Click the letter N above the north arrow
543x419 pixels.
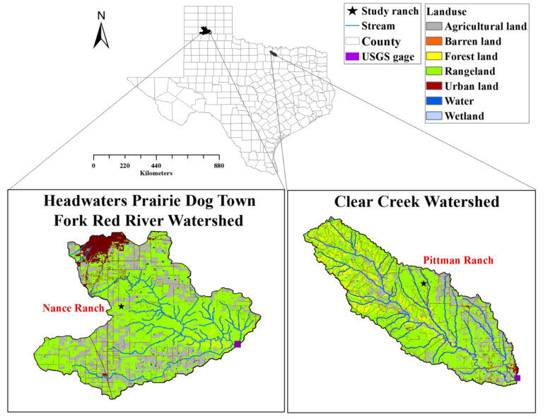101,15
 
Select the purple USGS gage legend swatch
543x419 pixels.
351,57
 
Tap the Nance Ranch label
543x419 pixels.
69,308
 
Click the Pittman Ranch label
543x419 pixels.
457,261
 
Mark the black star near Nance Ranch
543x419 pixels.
122,307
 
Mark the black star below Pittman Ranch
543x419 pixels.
424,283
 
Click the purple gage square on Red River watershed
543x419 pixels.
238,344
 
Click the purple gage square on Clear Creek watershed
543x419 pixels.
518,379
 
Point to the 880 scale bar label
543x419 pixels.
218,165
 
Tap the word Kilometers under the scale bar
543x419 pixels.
155,173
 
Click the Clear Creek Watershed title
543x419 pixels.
416,202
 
